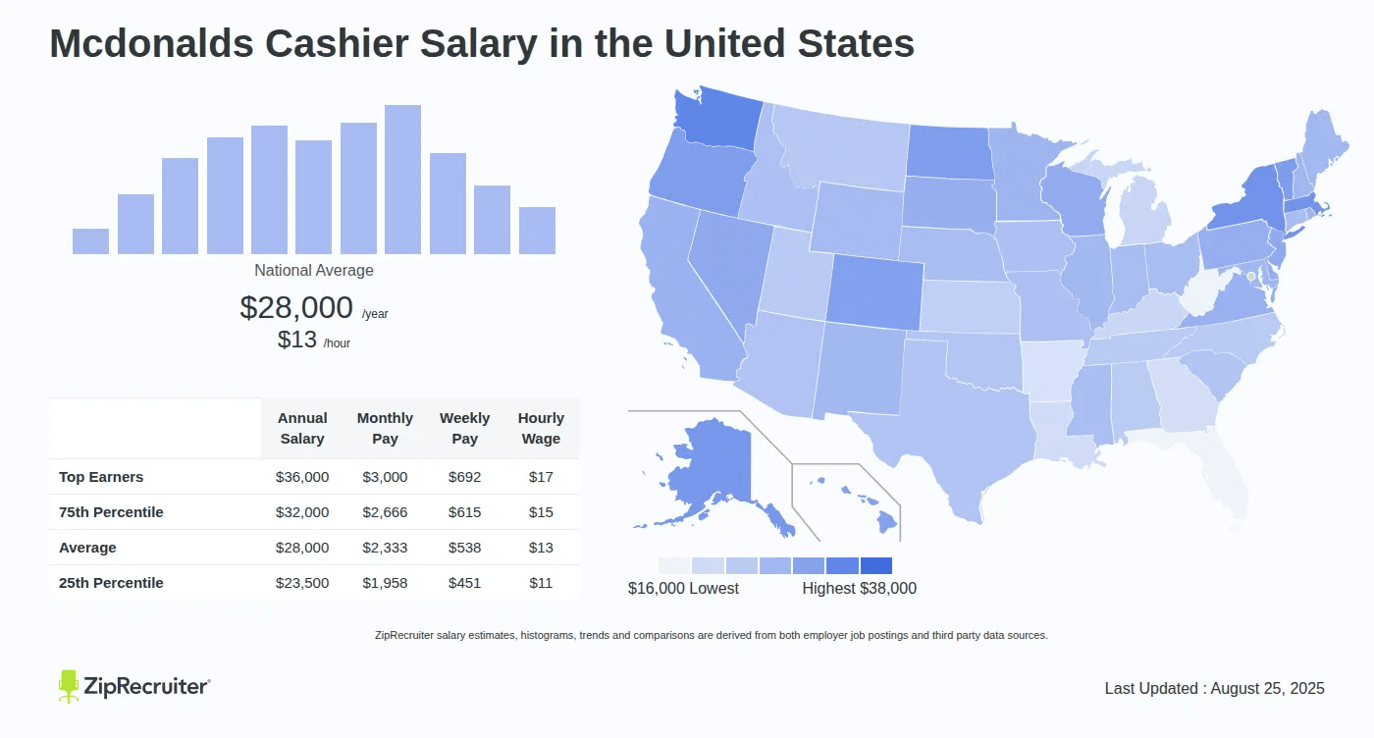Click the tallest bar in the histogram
click(402, 180)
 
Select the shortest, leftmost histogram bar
click(90, 241)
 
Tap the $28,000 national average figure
click(295, 307)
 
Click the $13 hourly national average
click(297, 340)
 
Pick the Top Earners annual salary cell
click(302, 477)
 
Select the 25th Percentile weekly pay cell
click(464, 583)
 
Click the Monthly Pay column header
click(385, 429)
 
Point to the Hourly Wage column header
click(541, 429)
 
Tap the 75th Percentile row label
click(111, 512)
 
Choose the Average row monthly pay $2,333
click(385, 548)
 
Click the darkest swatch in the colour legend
click(875, 565)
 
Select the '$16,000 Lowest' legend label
click(683, 588)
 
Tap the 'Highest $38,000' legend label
click(859, 588)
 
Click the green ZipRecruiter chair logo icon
click(68, 686)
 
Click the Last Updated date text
click(1214, 688)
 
